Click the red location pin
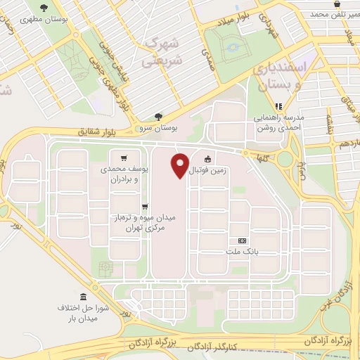[180, 165]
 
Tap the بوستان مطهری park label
[44, 20]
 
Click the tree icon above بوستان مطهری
[44, 8]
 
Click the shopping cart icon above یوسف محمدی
[124, 157]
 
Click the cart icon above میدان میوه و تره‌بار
[144, 206]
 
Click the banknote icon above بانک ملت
[243, 240]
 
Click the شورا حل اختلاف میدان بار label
[83, 314]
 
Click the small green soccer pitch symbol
[106, 268]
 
